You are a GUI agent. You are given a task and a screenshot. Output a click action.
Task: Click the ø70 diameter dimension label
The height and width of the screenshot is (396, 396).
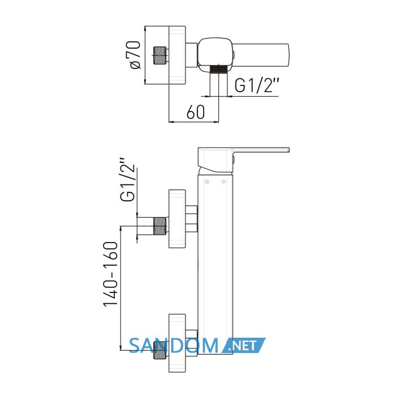135,55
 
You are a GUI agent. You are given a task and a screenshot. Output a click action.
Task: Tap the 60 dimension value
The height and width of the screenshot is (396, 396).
196,112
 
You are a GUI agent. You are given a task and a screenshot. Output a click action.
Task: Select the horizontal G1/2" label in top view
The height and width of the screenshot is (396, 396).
257,85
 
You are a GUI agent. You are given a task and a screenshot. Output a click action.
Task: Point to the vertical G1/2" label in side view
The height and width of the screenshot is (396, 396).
127,180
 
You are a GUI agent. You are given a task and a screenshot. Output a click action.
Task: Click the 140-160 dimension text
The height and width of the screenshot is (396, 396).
110,274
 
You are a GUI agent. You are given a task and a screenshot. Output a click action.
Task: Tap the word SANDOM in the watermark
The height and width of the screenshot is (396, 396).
174,346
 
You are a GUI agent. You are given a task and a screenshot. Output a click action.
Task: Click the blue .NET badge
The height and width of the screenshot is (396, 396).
243,345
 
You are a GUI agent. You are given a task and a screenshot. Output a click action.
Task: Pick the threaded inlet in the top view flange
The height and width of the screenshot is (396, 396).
160,55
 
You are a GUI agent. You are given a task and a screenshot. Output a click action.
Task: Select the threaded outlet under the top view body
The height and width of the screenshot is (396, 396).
219,68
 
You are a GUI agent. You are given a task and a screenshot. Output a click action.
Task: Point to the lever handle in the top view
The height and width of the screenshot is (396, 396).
260,54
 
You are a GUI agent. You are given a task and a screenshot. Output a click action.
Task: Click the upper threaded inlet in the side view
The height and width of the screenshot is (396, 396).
160,226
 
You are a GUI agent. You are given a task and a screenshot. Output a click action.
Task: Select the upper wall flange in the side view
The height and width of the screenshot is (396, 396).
177,219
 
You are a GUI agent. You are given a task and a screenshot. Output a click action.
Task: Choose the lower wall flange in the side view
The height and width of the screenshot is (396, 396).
177,343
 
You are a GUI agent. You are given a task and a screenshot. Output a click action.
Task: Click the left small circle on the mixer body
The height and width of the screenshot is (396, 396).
207,182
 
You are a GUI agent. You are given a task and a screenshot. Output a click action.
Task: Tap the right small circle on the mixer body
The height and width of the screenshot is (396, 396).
223,182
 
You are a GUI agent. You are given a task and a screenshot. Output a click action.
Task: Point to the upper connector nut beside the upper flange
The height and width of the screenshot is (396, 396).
192,219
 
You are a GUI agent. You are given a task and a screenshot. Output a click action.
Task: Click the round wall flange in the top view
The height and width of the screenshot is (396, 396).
177,55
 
